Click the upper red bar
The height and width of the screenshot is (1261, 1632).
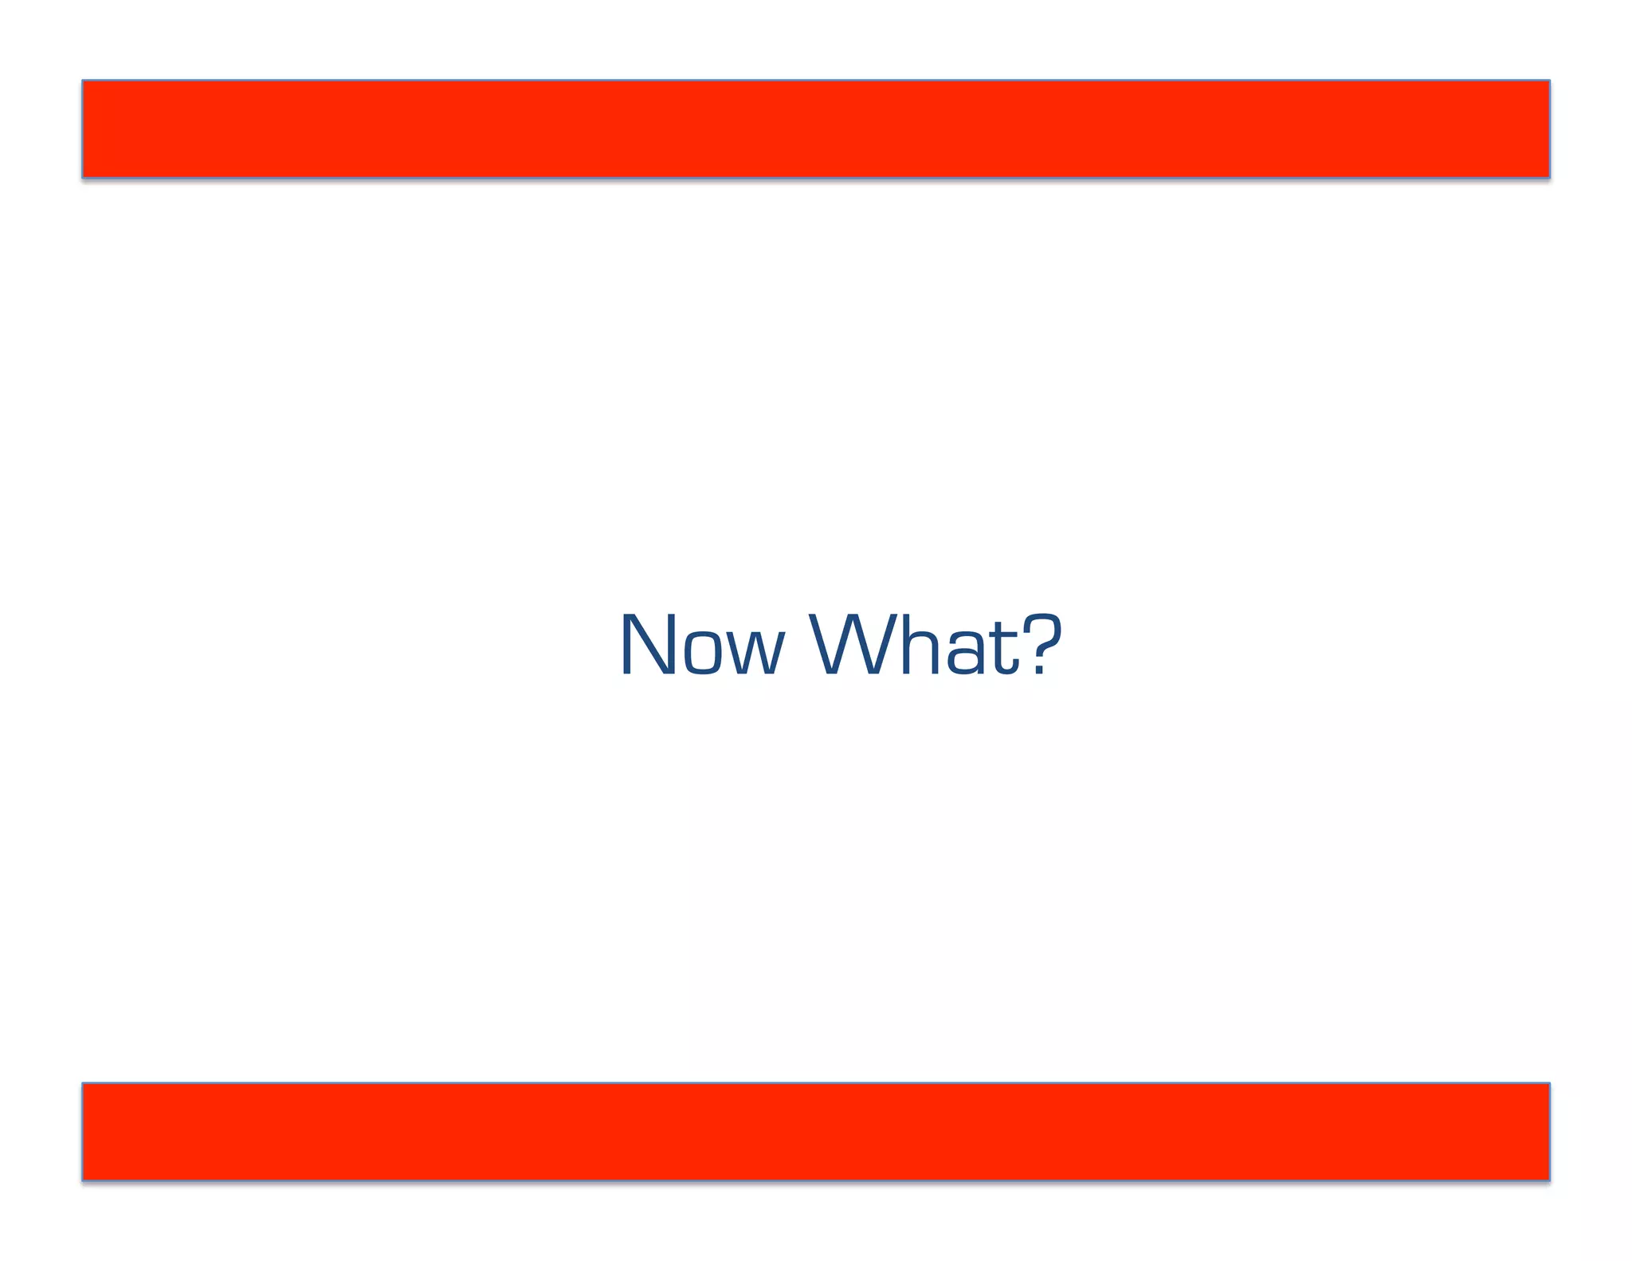815,128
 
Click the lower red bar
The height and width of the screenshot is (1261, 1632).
815,1131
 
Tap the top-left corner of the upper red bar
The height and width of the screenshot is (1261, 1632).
83,81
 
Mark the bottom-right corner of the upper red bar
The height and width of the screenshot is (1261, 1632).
1548,176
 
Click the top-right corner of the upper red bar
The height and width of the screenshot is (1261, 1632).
1548,81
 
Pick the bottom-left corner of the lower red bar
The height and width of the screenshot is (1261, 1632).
83,1179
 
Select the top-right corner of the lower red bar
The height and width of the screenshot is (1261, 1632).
1548,1084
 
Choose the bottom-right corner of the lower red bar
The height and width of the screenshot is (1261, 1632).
1548,1179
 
